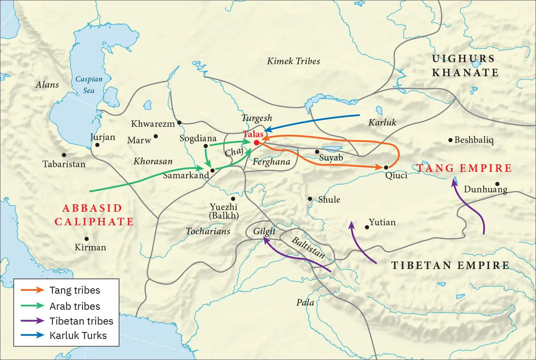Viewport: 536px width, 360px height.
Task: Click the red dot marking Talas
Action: point(256,143)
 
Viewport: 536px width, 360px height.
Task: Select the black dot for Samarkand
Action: point(212,170)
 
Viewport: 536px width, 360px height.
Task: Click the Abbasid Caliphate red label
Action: point(94,215)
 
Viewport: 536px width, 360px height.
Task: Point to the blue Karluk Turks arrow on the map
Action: point(313,121)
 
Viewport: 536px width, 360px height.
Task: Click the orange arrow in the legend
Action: point(33,290)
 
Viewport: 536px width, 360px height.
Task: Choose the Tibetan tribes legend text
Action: point(81,321)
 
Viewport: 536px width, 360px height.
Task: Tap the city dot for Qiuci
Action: point(386,167)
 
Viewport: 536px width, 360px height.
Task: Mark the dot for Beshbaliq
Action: point(450,140)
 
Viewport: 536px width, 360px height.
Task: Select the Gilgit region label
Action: point(264,231)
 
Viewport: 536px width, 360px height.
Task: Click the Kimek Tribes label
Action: point(293,61)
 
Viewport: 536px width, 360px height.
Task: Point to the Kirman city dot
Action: point(87,238)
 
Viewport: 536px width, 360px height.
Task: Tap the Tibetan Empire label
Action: point(450,265)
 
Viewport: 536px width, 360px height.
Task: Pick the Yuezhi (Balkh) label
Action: point(225,211)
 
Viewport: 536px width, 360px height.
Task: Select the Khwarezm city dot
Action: point(179,122)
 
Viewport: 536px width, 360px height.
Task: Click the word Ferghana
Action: point(272,161)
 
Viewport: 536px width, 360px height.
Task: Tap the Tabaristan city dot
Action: point(63,155)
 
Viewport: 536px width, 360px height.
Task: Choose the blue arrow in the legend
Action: point(33,335)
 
